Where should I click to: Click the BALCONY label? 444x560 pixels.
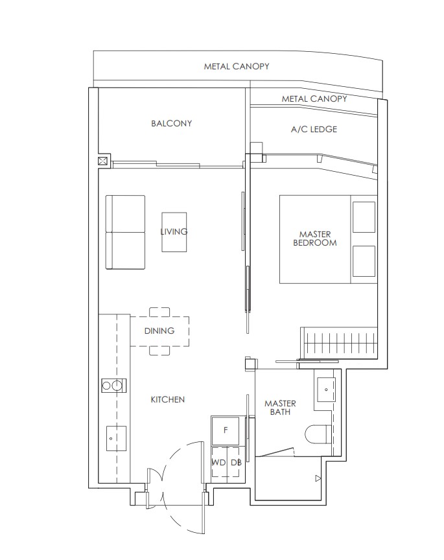click(171, 123)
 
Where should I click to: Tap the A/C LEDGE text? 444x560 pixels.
click(314, 129)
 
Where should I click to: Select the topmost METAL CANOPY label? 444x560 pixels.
click(237, 66)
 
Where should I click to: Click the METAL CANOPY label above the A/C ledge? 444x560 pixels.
click(314, 99)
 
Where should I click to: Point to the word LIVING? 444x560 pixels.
click(174, 231)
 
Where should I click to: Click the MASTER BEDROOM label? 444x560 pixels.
click(314, 239)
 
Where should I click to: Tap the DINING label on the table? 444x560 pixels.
click(159, 331)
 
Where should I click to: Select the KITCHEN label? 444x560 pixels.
click(168, 400)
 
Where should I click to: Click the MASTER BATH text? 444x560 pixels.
click(280, 408)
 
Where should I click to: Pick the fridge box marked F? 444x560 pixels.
click(226, 430)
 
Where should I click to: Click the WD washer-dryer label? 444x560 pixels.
click(218, 462)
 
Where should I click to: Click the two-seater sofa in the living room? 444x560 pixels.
click(126, 232)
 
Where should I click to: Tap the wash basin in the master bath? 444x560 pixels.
click(324, 389)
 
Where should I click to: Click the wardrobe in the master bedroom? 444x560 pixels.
click(339, 342)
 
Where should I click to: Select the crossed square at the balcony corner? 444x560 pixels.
click(103, 161)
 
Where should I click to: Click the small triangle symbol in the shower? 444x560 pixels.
click(317, 479)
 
